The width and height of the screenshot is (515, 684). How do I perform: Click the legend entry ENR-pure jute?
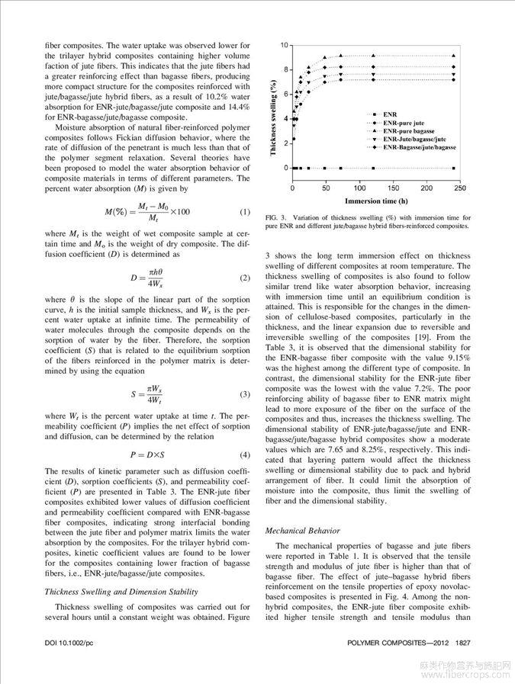[x=404, y=122]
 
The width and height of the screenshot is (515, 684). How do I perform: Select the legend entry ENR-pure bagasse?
[x=408, y=130]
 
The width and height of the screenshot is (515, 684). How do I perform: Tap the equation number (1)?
[x=245, y=211]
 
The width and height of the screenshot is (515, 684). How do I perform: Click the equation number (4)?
[x=245, y=454]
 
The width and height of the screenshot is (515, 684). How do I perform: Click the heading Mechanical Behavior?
[x=303, y=529]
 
